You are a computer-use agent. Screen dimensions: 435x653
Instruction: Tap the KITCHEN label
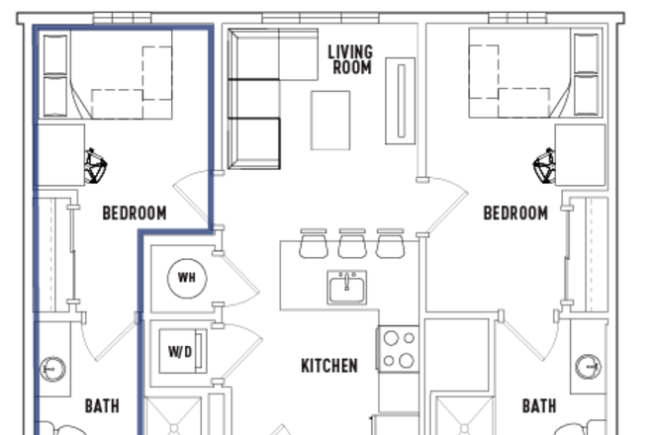pyautogui.click(x=329, y=366)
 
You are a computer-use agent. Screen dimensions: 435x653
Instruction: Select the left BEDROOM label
pyautogui.click(x=135, y=213)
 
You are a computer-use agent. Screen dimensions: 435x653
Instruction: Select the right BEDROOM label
pyautogui.click(x=514, y=213)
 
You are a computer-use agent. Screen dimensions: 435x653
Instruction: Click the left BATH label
pyautogui.click(x=102, y=405)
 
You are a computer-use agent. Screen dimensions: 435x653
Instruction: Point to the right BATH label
pyautogui.click(x=538, y=405)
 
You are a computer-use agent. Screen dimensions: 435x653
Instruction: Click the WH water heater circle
pyautogui.click(x=186, y=277)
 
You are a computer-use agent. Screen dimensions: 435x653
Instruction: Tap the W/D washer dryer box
pyautogui.click(x=182, y=351)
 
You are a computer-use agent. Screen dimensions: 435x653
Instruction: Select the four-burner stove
pyautogui.click(x=398, y=348)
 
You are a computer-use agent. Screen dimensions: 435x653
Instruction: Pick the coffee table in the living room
pyautogui.click(x=331, y=120)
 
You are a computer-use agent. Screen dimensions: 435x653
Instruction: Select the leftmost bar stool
pyautogui.click(x=314, y=243)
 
